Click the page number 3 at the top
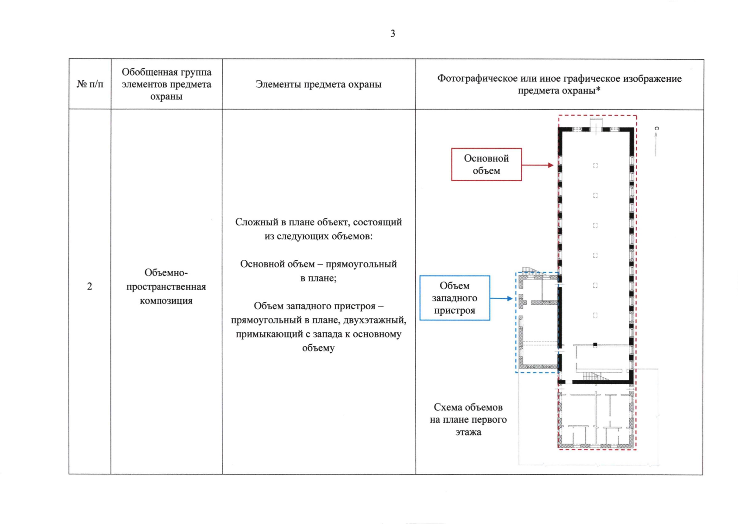[x=393, y=34]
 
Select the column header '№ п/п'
[x=90, y=84]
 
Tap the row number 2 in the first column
[x=90, y=286]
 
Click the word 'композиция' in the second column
[x=166, y=300]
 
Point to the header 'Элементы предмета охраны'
[x=318, y=84]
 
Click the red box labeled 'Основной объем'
[x=486, y=165]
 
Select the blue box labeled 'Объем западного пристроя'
[x=455, y=298]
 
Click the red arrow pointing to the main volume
[x=538, y=165]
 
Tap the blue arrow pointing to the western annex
[x=501, y=299]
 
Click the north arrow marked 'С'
[x=656, y=140]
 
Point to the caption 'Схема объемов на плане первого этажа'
[x=468, y=420]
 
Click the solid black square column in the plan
[x=595, y=345]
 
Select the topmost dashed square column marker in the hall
[x=595, y=165]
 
